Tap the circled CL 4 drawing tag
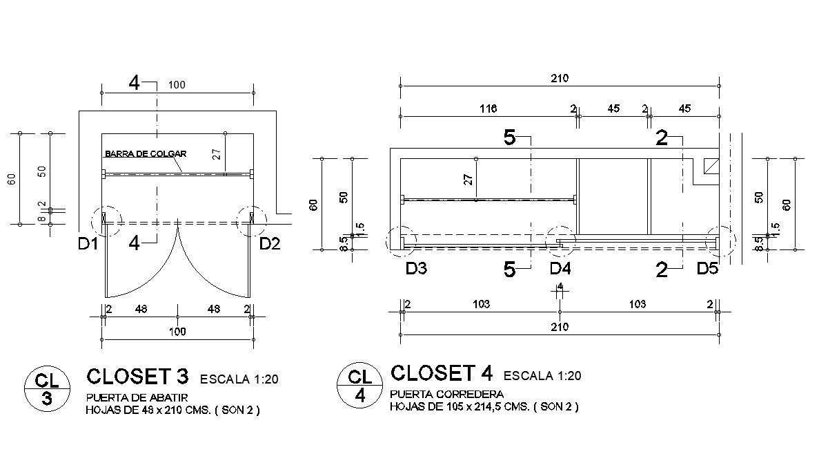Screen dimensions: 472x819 [359, 386]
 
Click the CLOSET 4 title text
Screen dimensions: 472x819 [442, 373]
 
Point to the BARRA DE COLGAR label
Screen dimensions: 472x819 [146, 154]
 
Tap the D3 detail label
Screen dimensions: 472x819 [416, 269]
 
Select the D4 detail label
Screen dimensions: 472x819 [560, 269]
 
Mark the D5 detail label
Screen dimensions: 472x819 [707, 269]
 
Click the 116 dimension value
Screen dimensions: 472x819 [489, 108]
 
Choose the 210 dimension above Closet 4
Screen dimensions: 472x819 [559, 78]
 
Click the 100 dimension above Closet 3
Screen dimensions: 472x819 [177, 84]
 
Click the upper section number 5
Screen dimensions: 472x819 [509, 138]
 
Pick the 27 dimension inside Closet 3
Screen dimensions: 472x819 [217, 154]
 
